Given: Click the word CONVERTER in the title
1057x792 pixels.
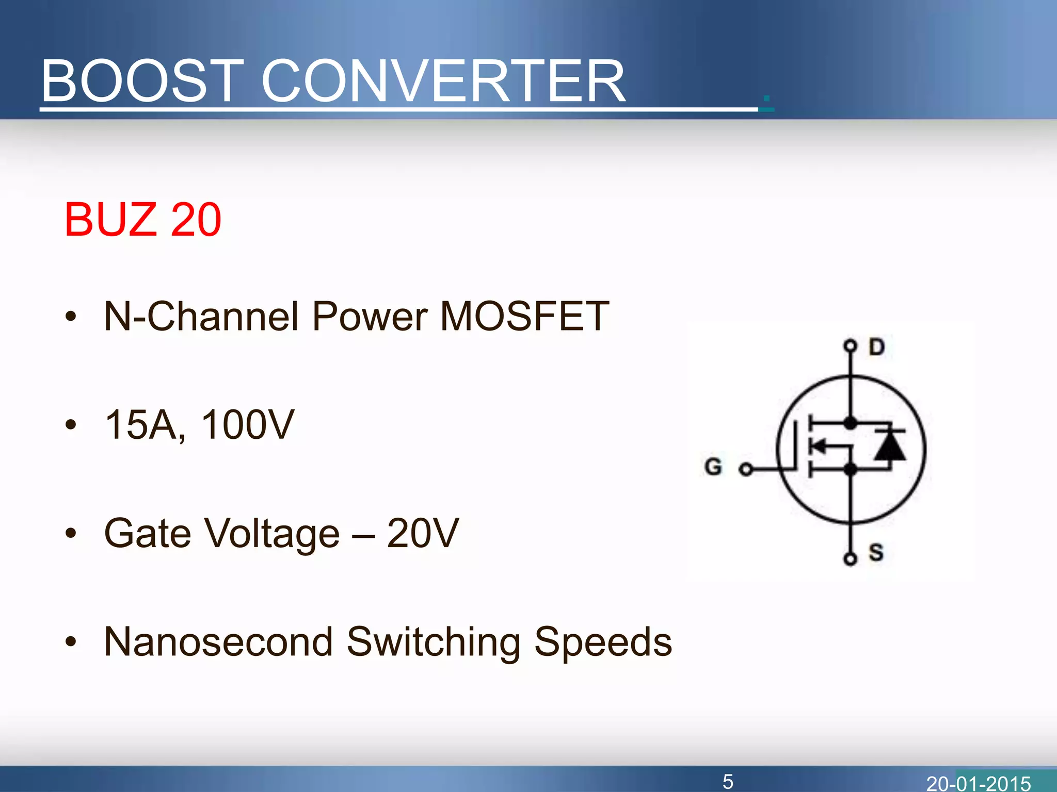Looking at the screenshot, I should click(444, 81).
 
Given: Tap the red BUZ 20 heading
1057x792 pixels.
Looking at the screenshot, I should click(143, 220).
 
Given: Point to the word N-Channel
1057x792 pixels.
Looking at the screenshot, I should click(201, 316).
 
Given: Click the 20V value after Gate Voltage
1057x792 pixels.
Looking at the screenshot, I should click(423, 533).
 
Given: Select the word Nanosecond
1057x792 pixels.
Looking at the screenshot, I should click(218, 642).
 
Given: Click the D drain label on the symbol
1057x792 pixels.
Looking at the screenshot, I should click(876, 347).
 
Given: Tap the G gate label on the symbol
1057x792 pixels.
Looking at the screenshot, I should click(713, 467).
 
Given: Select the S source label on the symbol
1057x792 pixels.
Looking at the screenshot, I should click(876, 552).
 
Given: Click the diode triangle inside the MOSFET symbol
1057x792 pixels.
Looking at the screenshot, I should click(890, 445).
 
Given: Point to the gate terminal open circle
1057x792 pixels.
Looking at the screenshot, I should click(745, 469).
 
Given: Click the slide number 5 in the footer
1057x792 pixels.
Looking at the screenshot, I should click(728, 782).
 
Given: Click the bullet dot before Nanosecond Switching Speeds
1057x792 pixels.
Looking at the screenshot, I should click(71, 642).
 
